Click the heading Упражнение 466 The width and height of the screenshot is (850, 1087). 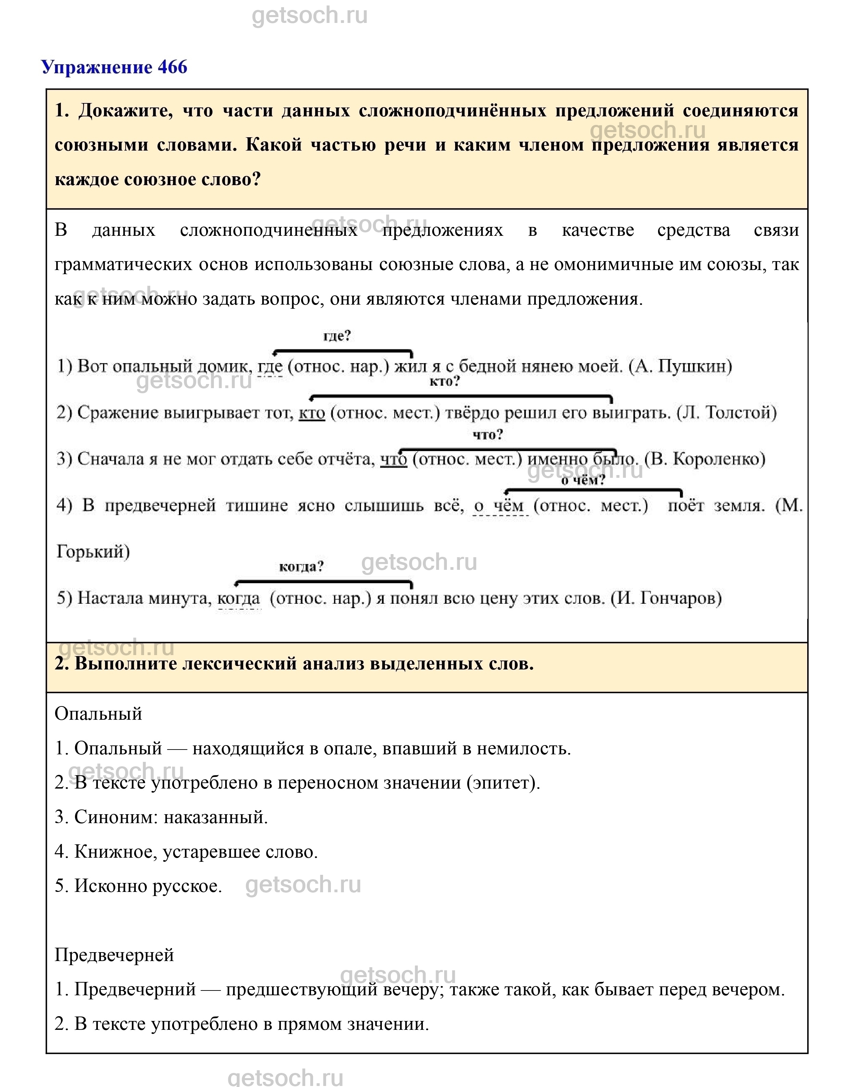coord(114,67)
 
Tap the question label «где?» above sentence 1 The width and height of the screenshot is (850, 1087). coord(337,336)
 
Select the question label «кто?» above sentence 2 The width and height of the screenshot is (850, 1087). coord(445,381)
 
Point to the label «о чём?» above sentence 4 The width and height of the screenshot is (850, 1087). coord(583,480)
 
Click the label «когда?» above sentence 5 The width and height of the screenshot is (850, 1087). coord(301,566)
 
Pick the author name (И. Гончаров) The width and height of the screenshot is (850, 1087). coord(666,598)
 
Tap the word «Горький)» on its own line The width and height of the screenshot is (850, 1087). coord(93,551)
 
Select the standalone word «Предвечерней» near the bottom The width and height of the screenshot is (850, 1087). coord(114,955)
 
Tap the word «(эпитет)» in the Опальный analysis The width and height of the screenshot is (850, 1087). coord(503,782)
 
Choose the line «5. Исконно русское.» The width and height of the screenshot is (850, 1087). coord(138,886)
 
